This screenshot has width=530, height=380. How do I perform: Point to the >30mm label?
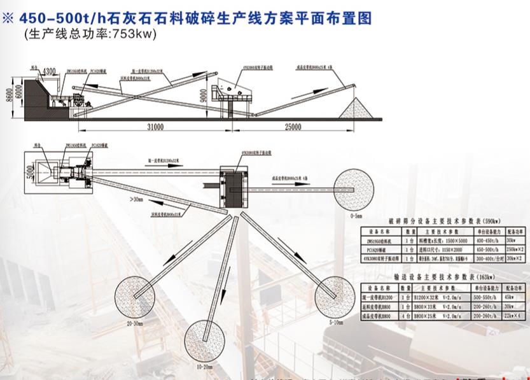(136, 199)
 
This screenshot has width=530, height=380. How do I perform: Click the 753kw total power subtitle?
(90, 34)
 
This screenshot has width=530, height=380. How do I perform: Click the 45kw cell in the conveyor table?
(508, 296)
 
